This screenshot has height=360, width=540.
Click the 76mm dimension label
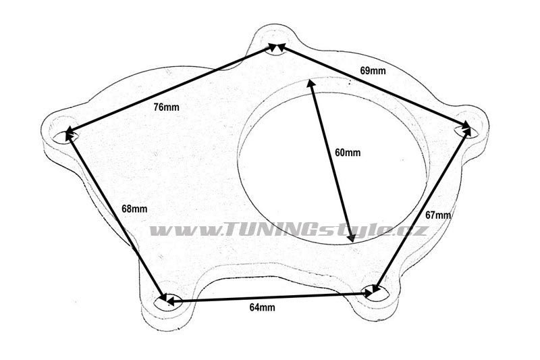point(166,107)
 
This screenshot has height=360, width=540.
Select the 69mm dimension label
point(373,71)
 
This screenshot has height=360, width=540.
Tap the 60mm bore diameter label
point(348,152)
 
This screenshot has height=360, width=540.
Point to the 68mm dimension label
point(134,209)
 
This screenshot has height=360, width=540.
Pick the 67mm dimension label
point(438,215)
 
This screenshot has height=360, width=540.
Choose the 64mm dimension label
point(263,307)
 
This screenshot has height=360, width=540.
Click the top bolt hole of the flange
point(277,49)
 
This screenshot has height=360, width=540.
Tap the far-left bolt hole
point(65,136)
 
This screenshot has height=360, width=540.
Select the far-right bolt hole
point(466,130)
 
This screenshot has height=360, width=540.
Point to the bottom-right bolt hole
point(376,293)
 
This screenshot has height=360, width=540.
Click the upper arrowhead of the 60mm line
point(310,83)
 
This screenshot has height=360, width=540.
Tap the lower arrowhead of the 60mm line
point(352,237)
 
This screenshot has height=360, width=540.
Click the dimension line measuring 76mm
point(171,88)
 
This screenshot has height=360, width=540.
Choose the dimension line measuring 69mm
point(374,86)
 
